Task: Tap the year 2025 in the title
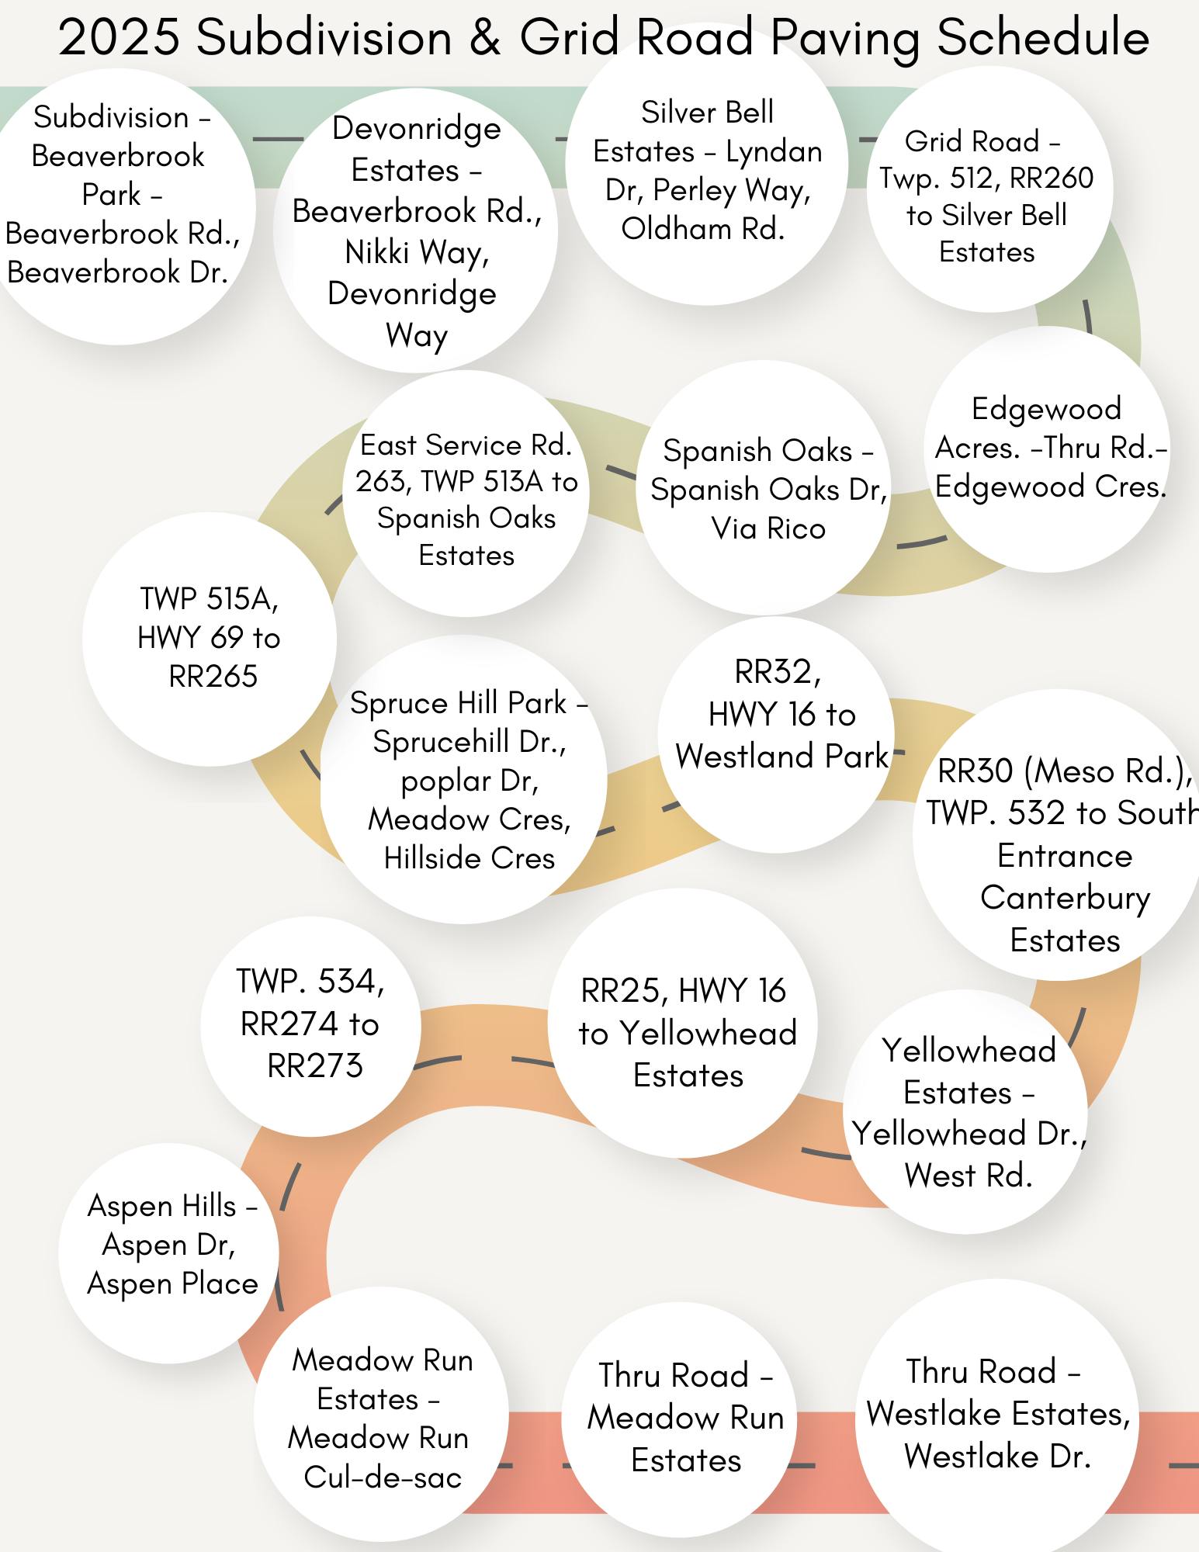coord(120,37)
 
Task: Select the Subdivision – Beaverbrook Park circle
coord(120,206)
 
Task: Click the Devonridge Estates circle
coord(416,230)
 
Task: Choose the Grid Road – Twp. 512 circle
coord(989,189)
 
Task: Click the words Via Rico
coord(768,528)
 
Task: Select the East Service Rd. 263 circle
coord(466,494)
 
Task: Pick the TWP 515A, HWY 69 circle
coord(210,639)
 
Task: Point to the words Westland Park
coord(781,756)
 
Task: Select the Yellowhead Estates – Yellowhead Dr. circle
coord(965,1111)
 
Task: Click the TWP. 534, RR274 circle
coord(310,1026)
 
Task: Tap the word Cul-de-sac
coord(383,1477)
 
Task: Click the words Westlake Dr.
coord(998,1456)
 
